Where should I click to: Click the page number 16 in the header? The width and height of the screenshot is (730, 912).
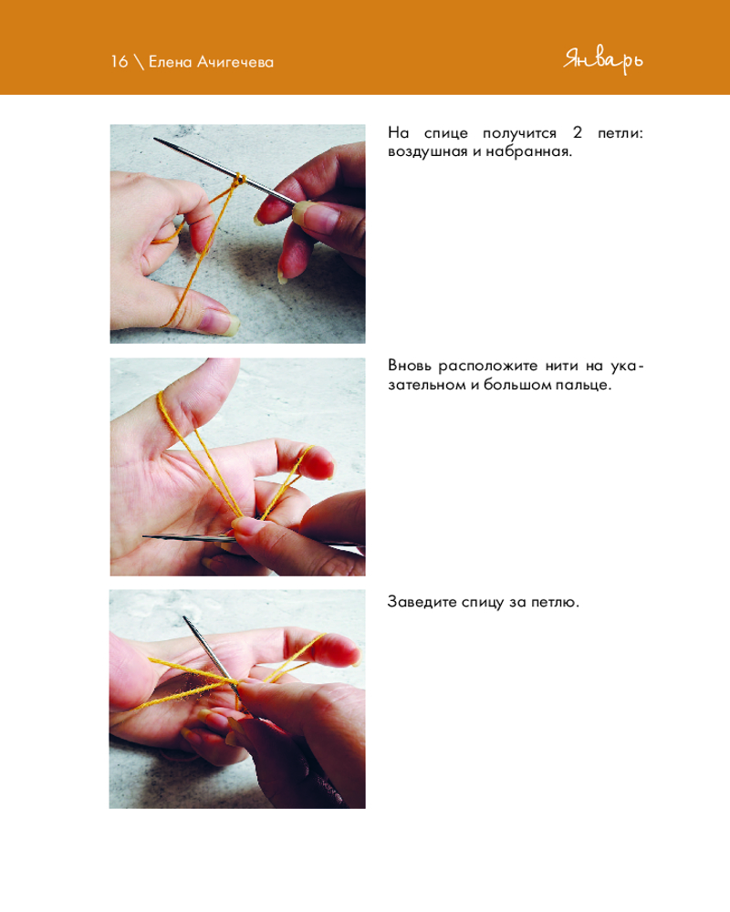coord(119,61)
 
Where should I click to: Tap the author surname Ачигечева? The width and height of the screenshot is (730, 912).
coord(235,62)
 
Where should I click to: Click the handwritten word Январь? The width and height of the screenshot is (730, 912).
coord(603,60)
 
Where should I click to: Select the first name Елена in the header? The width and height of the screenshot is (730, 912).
coord(170,62)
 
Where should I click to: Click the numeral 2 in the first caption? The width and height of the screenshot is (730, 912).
coord(577,132)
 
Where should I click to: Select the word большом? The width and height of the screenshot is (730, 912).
coord(516,385)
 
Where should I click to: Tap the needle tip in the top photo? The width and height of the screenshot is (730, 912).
coord(155,139)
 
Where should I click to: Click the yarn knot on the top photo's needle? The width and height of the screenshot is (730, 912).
coord(239,180)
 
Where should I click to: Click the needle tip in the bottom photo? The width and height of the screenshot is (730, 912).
coord(185,619)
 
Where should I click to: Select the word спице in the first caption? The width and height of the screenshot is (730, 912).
coord(446,133)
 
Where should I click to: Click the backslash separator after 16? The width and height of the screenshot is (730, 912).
coord(139,62)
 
